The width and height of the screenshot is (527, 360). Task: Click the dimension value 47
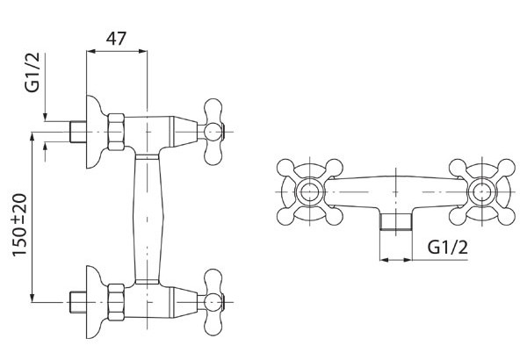click(x=116, y=39)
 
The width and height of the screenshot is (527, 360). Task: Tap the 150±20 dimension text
click(x=20, y=225)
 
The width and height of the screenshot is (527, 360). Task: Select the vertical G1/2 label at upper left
click(x=32, y=72)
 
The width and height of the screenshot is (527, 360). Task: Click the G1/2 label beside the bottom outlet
click(x=448, y=248)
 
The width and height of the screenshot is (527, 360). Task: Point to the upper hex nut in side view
click(x=116, y=132)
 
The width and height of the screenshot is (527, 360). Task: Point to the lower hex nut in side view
click(x=116, y=302)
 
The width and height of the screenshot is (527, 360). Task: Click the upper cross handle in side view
click(x=213, y=132)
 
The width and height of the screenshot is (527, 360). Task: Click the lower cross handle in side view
click(x=213, y=302)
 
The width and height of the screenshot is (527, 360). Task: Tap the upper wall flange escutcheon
click(x=96, y=132)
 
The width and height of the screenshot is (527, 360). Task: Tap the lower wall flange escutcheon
click(x=96, y=302)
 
